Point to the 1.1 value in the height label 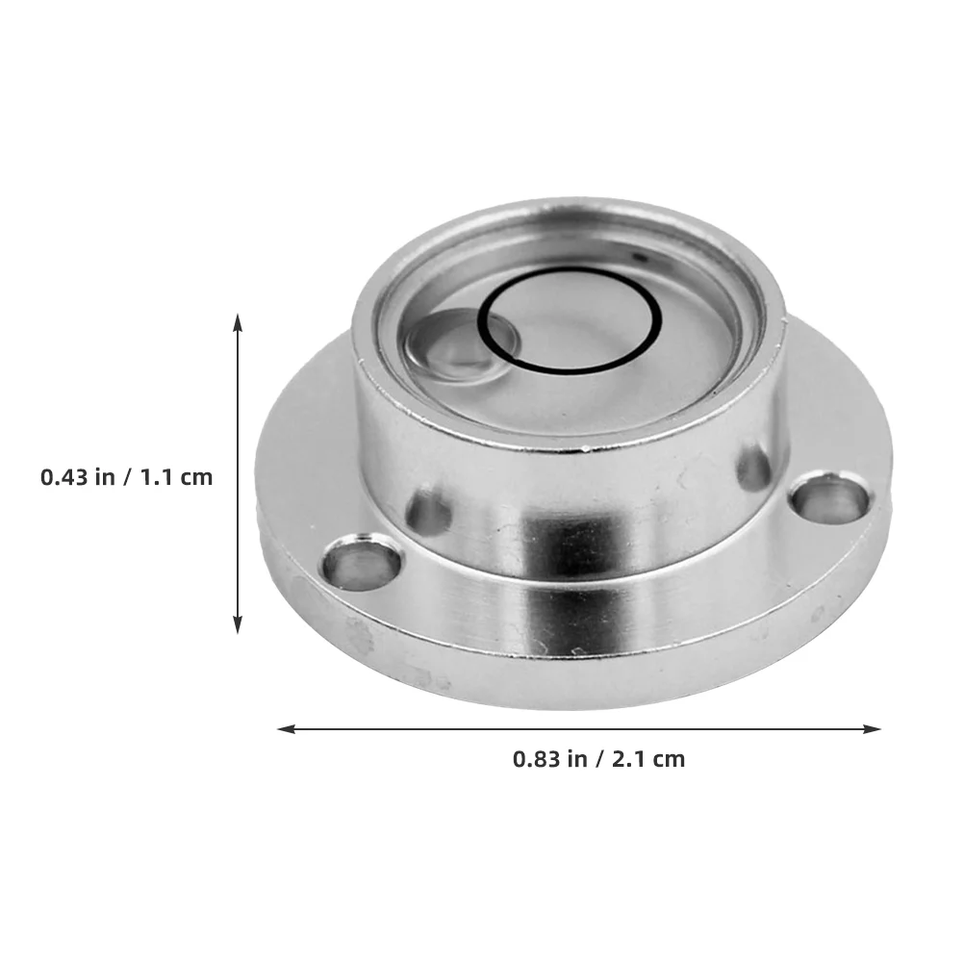pos(158,476)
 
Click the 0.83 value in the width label pos(534,758)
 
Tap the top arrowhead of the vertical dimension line pos(238,318)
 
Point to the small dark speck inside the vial pos(636,258)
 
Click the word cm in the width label pos(669,759)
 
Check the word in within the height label pos(105,476)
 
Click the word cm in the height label pos(196,477)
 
